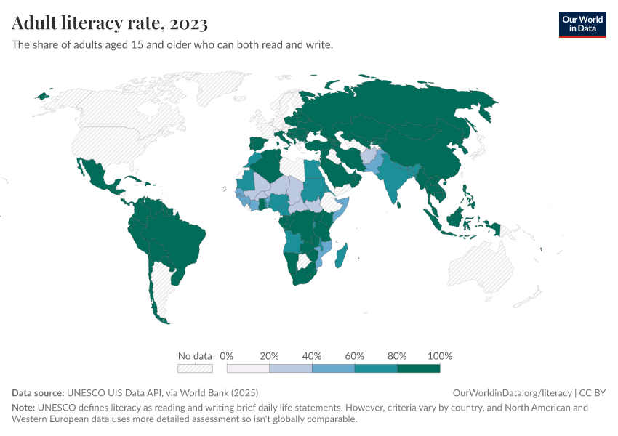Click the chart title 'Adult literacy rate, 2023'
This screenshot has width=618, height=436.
(110, 23)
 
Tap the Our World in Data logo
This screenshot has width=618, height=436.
(582, 24)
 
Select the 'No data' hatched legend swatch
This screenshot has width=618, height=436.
(195, 368)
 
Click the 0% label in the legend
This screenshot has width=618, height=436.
(226, 356)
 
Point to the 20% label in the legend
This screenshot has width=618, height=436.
(269, 356)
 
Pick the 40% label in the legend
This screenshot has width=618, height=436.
(312, 356)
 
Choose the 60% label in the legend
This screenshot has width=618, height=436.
(355, 356)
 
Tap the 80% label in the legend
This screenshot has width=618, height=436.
(397, 356)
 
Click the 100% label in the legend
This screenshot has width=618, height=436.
(440, 356)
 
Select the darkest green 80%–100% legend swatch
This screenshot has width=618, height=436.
(419, 368)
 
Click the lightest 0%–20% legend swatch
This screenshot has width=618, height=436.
(248, 368)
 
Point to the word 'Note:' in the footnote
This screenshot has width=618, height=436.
(25, 408)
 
